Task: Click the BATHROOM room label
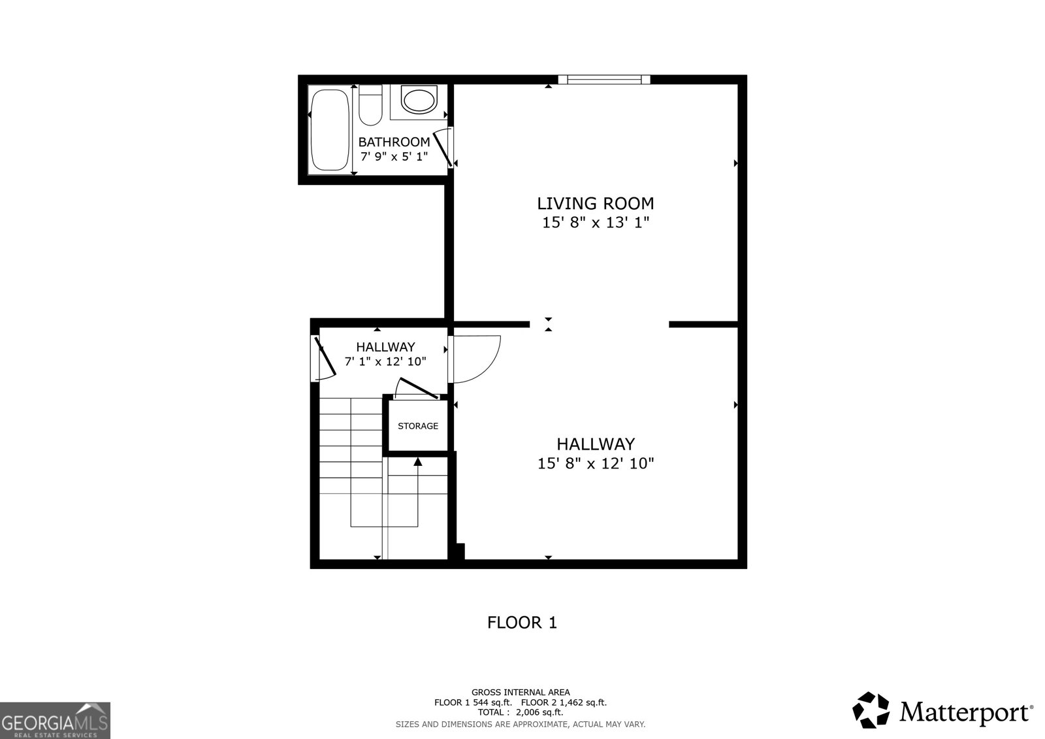394,142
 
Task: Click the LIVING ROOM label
595,203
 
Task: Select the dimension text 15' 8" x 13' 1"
595,223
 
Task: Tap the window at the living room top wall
604,80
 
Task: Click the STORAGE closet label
418,426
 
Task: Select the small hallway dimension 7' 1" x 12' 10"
385,361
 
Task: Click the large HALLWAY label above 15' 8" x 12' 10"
595,444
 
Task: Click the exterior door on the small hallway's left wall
324,358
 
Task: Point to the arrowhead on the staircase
418,462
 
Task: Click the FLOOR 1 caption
522,623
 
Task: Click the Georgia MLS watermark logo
56,720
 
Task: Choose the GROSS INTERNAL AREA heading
521,692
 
